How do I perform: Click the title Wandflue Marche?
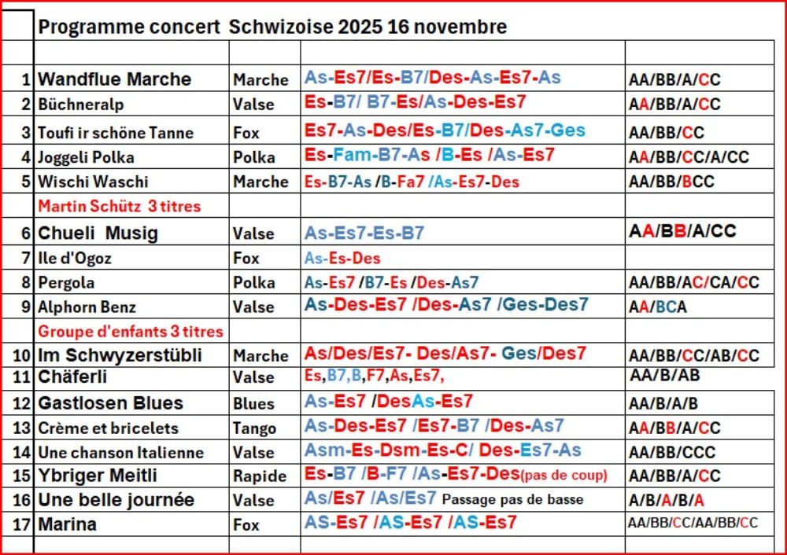pyautogui.click(x=115, y=79)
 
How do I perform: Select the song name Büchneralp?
pyautogui.click(x=81, y=105)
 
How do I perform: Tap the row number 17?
pyautogui.click(x=22, y=524)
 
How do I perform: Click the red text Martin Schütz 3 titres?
pyautogui.click(x=120, y=207)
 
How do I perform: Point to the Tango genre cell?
pyautogui.click(x=254, y=428)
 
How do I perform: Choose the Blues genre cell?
pyautogui.click(x=253, y=404)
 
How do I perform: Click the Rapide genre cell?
pyautogui.click(x=260, y=476)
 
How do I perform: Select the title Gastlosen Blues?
pyautogui.click(x=110, y=404)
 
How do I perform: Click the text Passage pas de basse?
pyautogui.click(x=513, y=499)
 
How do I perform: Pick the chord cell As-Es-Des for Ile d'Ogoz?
pyautogui.click(x=342, y=258)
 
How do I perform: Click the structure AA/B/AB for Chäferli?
pyautogui.click(x=665, y=376)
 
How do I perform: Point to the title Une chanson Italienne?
pyautogui.click(x=120, y=453)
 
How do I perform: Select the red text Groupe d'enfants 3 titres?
pyautogui.click(x=131, y=331)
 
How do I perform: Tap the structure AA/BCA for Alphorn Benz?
pyautogui.click(x=658, y=307)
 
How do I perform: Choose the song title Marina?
pyautogui.click(x=67, y=524)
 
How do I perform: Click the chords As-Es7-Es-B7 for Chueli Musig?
pyautogui.click(x=364, y=233)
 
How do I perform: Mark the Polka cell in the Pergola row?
pyautogui.click(x=254, y=283)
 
